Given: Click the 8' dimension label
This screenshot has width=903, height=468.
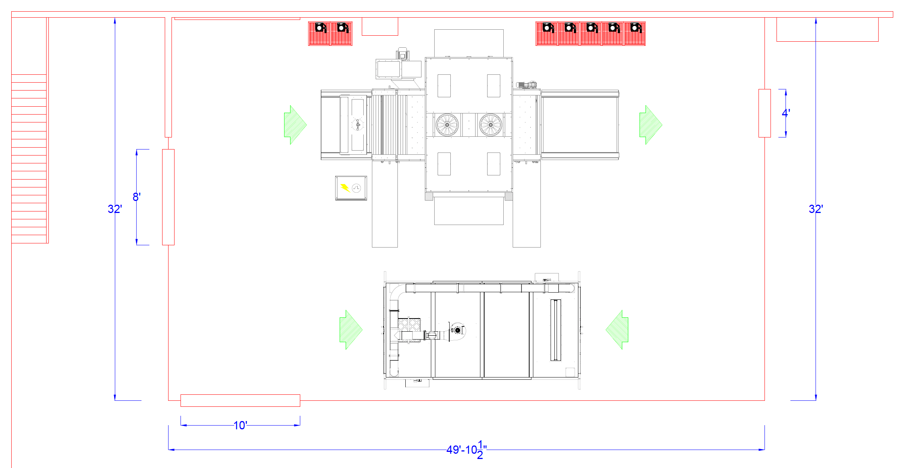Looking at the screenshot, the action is coord(137,197).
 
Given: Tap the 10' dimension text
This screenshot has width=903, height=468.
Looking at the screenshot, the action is coord(240,426).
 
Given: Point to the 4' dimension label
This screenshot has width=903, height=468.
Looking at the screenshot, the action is coord(786,113).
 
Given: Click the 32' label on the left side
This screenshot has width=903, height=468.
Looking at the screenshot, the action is coord(115,209).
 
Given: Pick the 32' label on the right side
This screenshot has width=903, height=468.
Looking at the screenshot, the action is coord(816,209).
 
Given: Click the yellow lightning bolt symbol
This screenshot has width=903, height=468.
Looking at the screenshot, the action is coord(345,187).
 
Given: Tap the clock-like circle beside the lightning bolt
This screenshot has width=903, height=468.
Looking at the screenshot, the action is coord(357,188).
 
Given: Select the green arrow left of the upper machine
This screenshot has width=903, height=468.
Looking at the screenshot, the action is coord(295,125).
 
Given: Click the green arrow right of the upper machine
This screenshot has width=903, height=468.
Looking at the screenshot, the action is coord(651,125).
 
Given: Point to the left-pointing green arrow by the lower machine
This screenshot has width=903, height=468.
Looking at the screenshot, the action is coord(617,330).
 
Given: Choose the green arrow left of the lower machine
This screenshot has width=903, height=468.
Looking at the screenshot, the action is coord(351,330).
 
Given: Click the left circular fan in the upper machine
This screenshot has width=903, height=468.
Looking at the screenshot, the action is coord(447,125).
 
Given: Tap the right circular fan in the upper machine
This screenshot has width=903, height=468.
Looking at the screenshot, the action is coord(491,125).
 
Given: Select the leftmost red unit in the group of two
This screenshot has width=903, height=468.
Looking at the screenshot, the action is coord(319,33).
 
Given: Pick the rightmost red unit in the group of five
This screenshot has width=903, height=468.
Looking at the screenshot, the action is coord(635,33).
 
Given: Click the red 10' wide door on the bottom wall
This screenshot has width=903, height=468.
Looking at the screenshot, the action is coord(240,400).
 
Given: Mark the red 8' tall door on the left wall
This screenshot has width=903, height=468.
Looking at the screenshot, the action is coord(168,197).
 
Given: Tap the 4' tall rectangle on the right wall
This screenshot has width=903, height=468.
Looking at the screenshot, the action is coord(765,113).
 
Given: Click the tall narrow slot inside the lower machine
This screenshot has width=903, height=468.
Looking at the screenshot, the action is coord(556,330).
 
